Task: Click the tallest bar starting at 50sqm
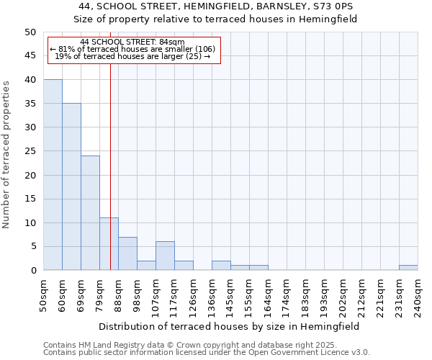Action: pos(53,175)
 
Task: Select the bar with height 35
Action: pos(71,186)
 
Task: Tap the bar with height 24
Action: pos(90,213)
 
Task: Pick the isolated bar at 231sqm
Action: pos(408,268)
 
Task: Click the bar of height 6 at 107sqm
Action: pos(165,256)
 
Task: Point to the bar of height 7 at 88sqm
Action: pos(127,253)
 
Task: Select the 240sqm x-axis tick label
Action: pos(418,294)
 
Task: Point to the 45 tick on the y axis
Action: pos(30,55)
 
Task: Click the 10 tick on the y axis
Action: pos(30,222)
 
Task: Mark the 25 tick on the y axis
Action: pos(30,151)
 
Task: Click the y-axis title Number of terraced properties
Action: pos(7,154)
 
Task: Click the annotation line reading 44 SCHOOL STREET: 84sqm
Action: pos(132,42)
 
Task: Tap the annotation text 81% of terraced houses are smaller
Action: pos(132,49)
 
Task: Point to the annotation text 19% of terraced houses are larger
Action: pos(132,56)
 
